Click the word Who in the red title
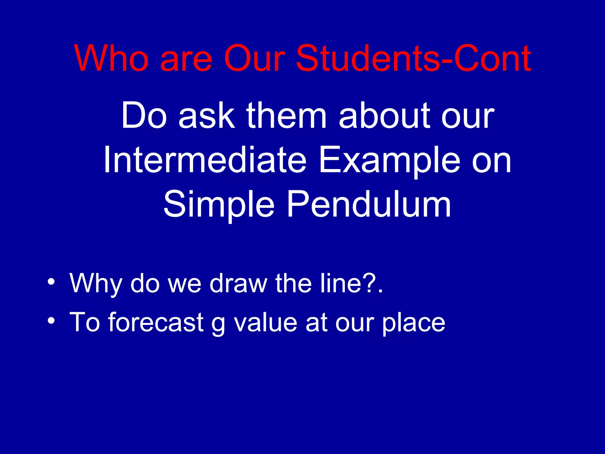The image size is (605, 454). (x=111, y=58)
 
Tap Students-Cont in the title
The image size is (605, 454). (x=414, y=58)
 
